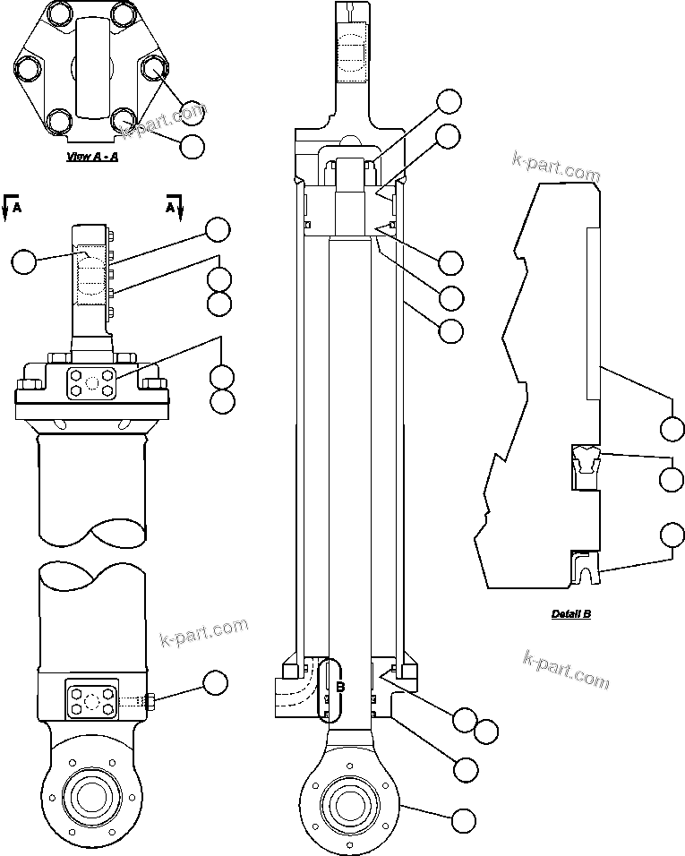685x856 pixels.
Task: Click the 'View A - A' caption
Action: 93,157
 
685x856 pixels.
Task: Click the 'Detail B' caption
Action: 570,614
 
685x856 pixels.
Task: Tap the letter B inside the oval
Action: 340,688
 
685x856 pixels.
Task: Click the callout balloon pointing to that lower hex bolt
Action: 215,684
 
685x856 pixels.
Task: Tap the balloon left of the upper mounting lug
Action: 25,261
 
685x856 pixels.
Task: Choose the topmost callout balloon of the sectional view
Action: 449,101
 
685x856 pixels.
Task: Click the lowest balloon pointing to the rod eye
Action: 464,818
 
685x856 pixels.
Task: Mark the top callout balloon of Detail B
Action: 672,429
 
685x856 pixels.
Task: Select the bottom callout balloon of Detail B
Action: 672,535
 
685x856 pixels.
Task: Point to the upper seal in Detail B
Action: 587,462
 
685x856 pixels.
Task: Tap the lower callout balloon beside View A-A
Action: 193,146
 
